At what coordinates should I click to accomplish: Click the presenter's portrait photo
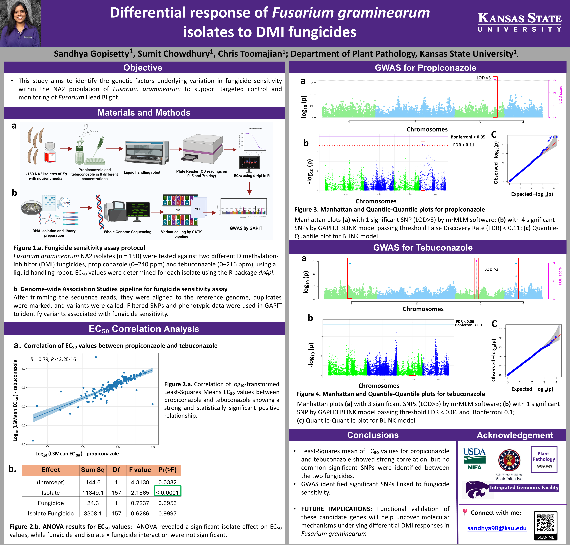20,23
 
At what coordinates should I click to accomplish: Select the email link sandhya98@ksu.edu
497,528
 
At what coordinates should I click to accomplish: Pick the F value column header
140,470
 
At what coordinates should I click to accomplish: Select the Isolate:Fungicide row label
51,513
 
